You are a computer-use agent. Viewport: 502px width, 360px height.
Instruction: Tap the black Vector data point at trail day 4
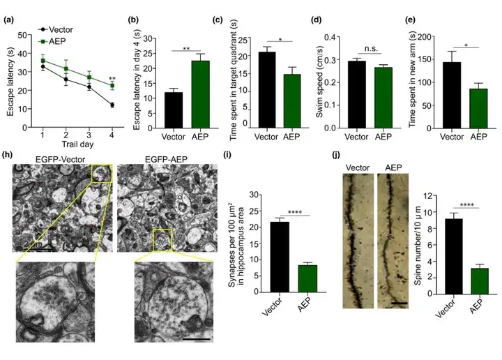(x=112, y=105)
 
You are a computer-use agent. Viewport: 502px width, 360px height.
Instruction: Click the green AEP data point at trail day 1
(x=43, y=60)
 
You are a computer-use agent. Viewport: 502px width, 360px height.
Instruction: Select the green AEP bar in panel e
(x=478, y=107)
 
